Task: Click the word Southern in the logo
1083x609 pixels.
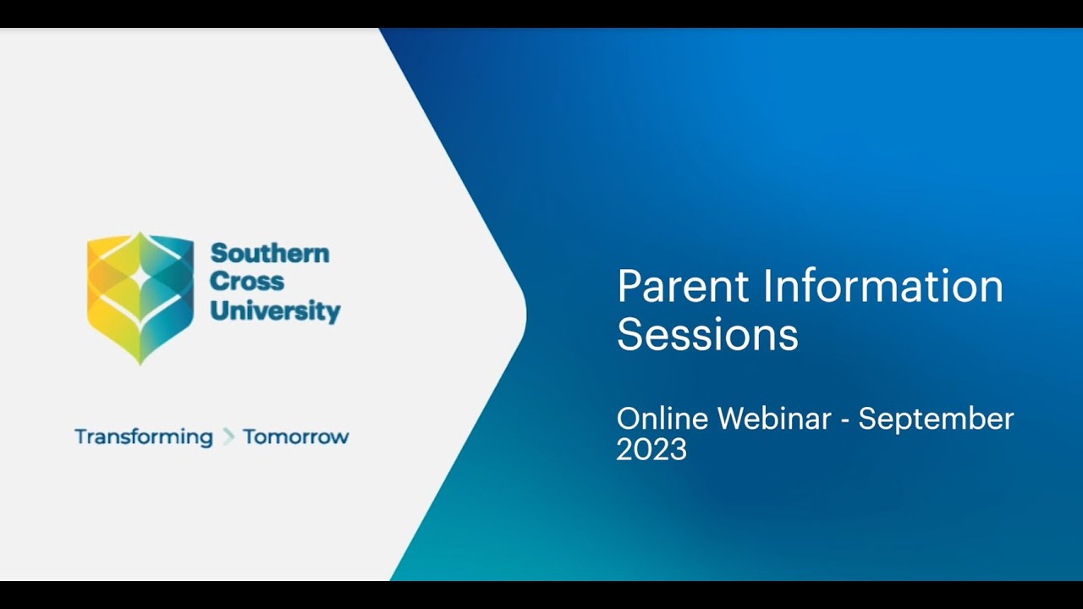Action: click(x=270, y=253)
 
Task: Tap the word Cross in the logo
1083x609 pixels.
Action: click(x=247, y=281)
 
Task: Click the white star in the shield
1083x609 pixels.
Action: click(x=140, y=275)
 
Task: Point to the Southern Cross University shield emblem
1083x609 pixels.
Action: click(x=140, y=296)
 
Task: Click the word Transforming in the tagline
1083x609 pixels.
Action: click(x=144, y=437)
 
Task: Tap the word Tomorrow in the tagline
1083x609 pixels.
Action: click(x=295, y=437)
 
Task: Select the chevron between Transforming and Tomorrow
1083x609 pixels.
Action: click(x=228, y=437)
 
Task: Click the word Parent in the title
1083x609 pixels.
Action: click(x=684, y=287)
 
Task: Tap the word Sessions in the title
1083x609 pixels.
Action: click(x=707, y=334)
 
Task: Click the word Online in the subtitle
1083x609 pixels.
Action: click(x=663, y=419)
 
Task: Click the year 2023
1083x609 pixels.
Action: click(x=651, y=449)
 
